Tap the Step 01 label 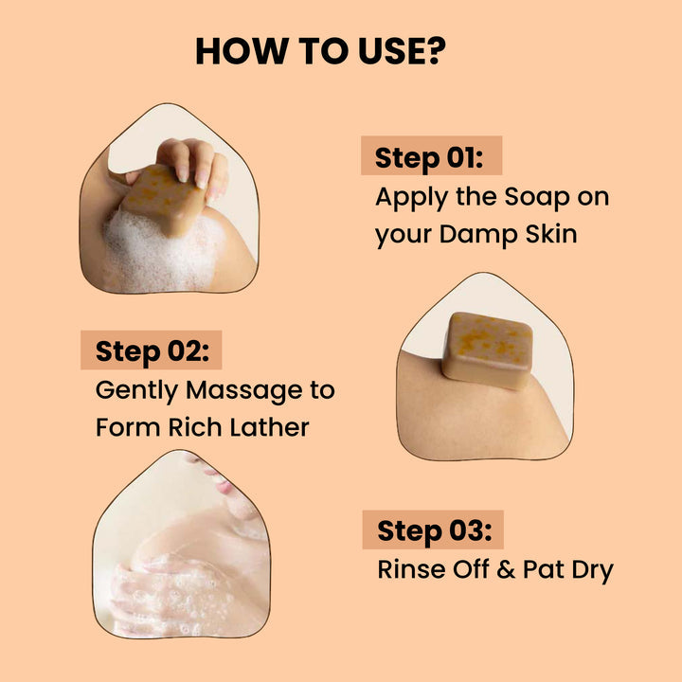pyautogui.click(x=430, y=157)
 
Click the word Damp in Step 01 pyautogui.click(x=470, y=234)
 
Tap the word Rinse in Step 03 pyautogui.click(x=408, y=569)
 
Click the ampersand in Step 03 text pyautogui.click(x=507, y=569)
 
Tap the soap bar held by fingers pyautogui.click(x=164, y=200)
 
